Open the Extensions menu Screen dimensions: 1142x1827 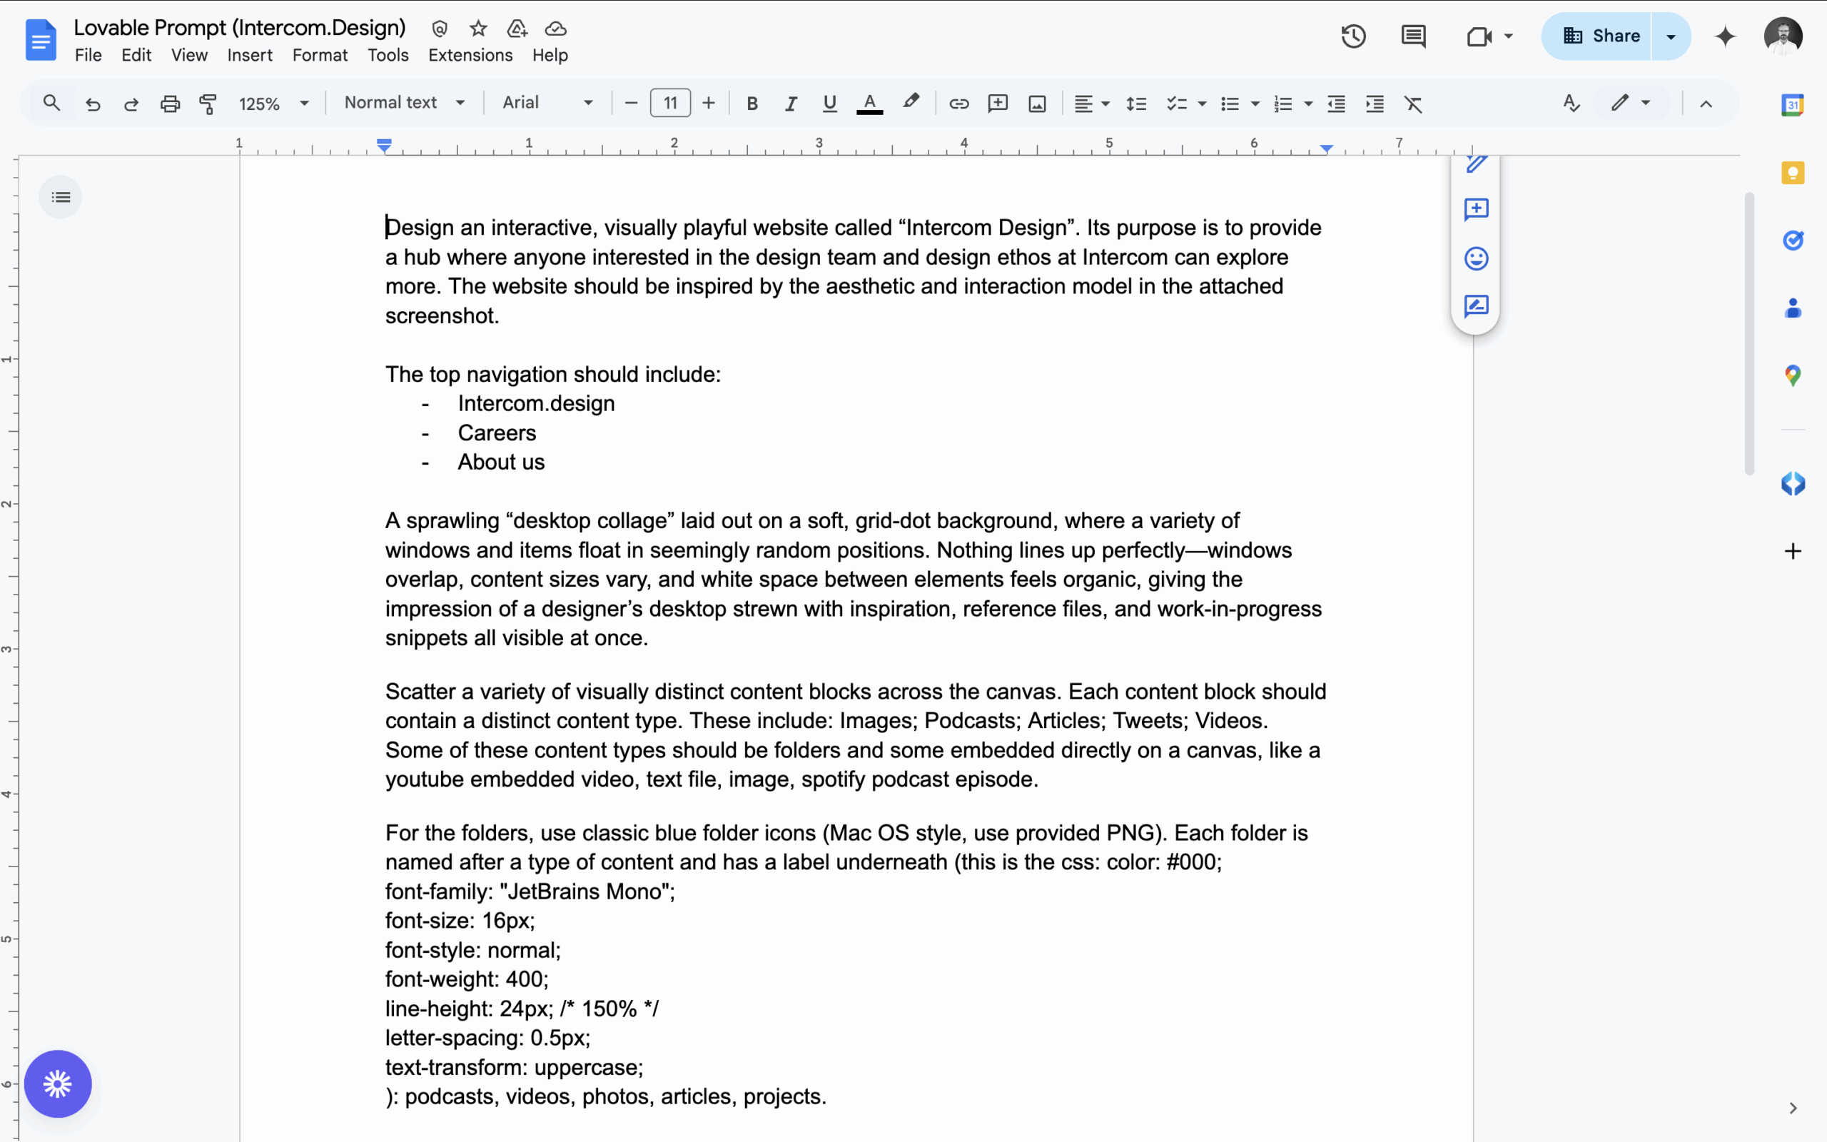470,55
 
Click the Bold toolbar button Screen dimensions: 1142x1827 752,103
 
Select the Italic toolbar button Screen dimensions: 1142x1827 791,103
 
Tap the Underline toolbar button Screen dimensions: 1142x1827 830,103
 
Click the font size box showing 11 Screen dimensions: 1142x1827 669,103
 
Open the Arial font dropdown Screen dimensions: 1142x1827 547,103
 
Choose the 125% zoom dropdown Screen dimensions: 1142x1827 273,103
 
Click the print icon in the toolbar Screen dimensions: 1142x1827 170,103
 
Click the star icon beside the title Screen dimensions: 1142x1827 478,29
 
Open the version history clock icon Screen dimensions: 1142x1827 1353,36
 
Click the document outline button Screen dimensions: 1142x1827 61,197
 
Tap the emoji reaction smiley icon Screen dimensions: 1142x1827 1476,258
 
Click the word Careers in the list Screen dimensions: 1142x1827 497,433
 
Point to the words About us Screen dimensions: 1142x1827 500,463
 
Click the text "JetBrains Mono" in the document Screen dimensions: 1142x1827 587,892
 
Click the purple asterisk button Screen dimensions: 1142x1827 57,1084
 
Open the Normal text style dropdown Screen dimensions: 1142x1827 404,103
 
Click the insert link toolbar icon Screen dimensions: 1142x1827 958,103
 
